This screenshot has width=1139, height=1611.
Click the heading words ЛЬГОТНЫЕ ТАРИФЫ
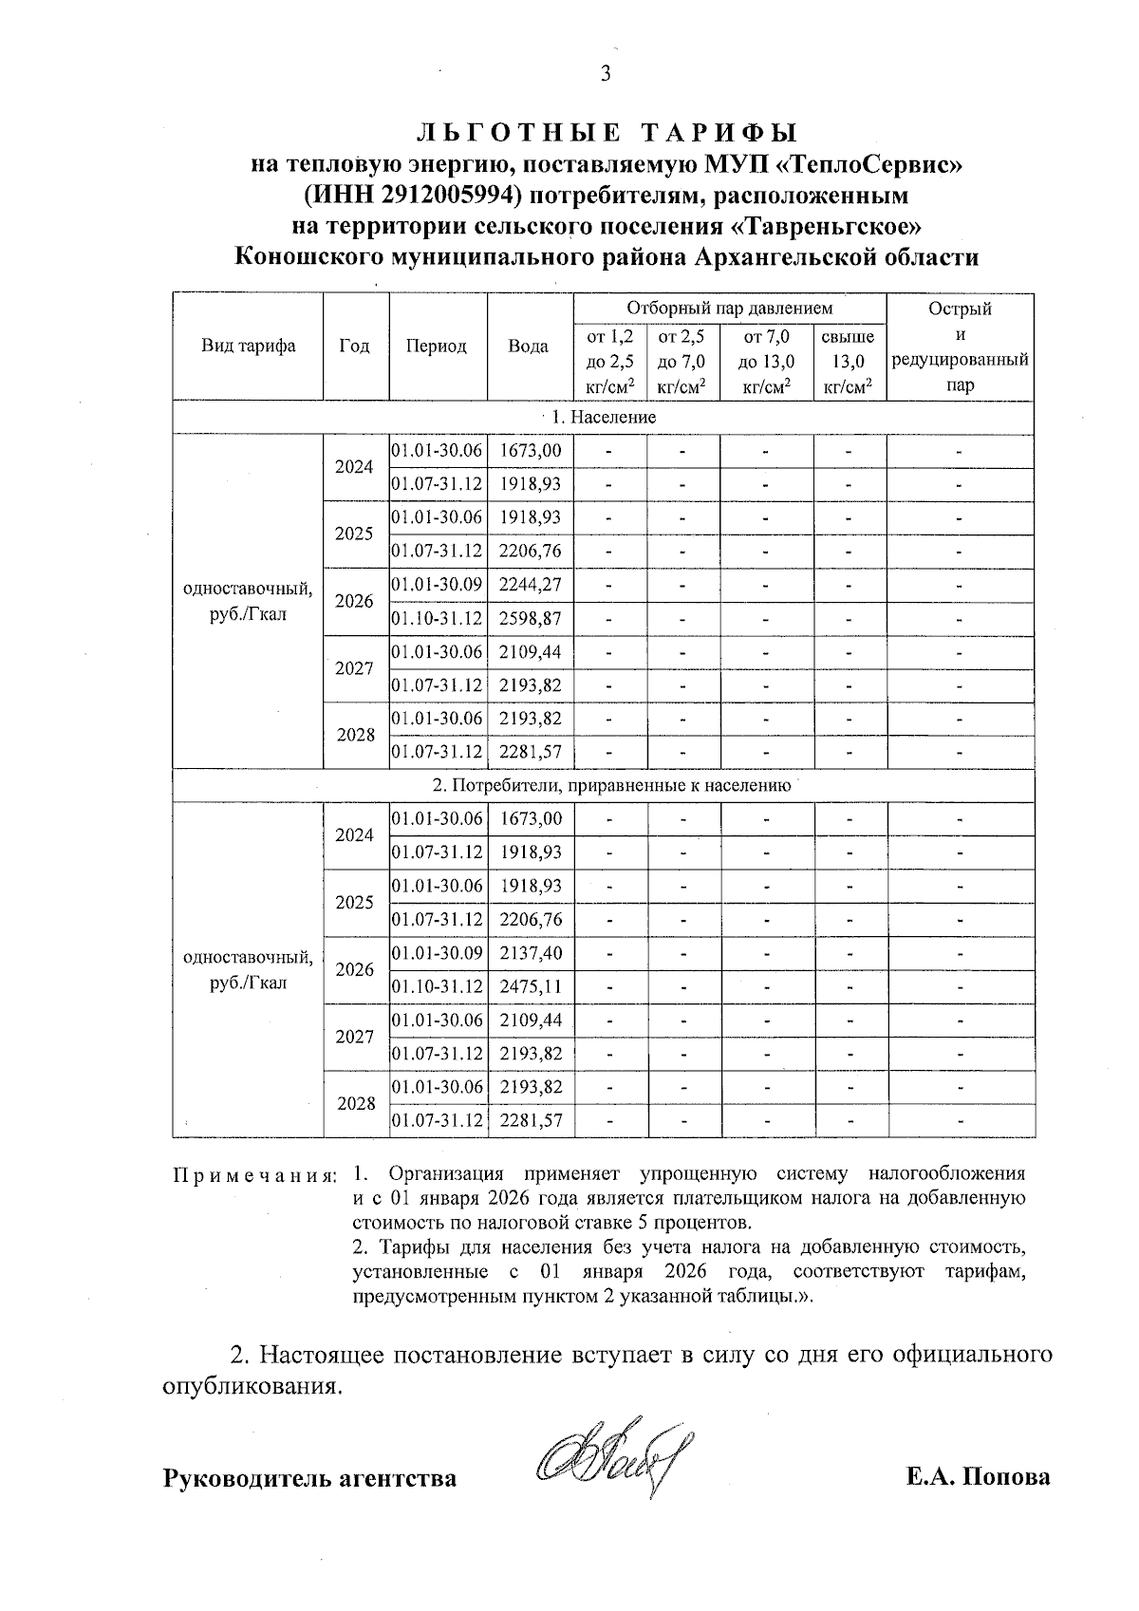[x=607, y=133]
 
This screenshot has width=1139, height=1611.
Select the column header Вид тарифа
[x=248, y=347]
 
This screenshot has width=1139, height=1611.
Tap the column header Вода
[x=529, y=347]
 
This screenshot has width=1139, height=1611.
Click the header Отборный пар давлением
[x=729, y=309]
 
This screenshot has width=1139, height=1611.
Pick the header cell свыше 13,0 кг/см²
[x=849, y=361]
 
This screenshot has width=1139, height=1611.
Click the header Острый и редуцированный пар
[x=960, y=347]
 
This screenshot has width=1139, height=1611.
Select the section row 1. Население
[x=605, y=418]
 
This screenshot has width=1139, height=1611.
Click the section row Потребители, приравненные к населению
[x=611, y=786]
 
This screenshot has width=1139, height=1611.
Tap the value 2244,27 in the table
[x=530, y=585]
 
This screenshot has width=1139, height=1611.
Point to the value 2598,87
[x=530, y=619]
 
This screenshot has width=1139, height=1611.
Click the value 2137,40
[x=530, y=953]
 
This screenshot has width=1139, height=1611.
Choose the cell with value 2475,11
[x=530, y=987]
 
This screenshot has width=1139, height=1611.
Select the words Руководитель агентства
[x=310, y=1478]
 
